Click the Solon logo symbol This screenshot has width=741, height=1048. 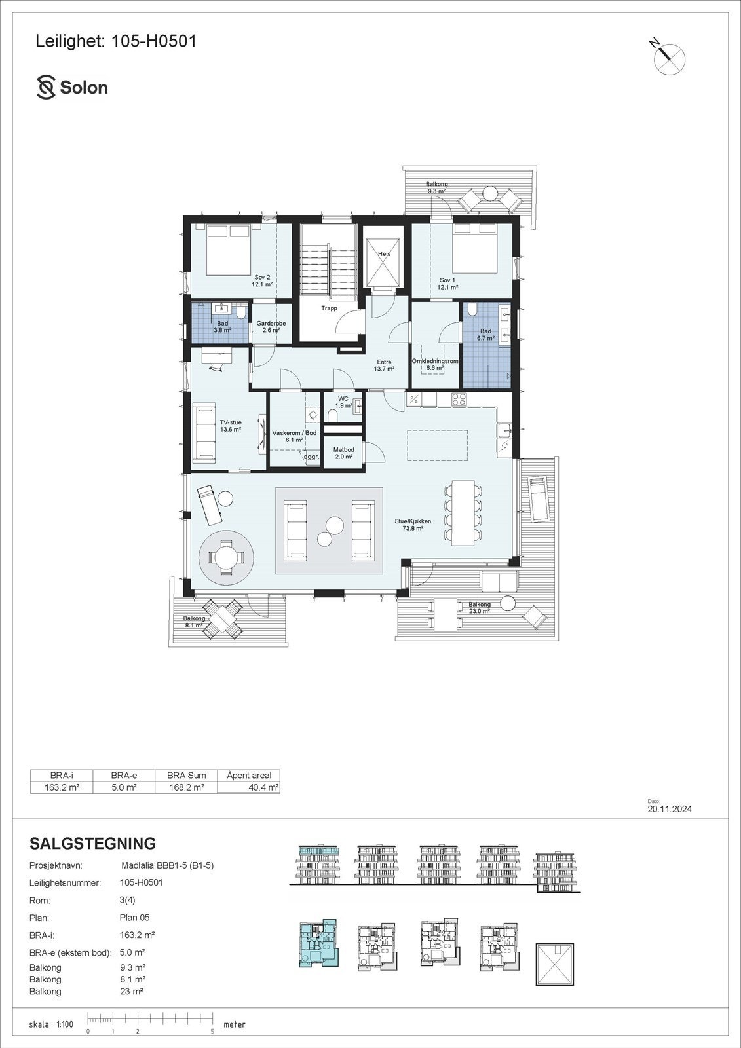(46, 88)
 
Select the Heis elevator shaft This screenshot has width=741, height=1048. (383, 261)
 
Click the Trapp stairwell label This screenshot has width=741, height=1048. (329, 308)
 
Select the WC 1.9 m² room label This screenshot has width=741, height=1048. (343, 402)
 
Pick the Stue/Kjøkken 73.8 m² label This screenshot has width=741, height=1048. (413, 525)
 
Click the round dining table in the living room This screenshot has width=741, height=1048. (227, 557)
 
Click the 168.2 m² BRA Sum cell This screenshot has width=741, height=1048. (186, 787)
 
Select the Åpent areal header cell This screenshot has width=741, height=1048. (248, 775)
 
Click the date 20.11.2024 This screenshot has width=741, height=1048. (669, 809)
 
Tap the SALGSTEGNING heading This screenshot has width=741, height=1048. (92, 843)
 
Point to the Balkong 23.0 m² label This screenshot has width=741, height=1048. (479, 608)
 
